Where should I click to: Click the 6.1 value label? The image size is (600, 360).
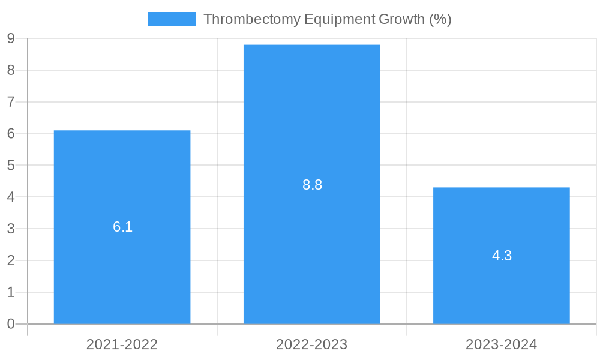(x=122, y=227)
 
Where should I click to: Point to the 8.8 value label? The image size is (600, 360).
(x=312, y=185)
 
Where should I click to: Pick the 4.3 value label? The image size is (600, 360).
(x=502, y=256)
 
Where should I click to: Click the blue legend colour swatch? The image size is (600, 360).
(x=172, y=19)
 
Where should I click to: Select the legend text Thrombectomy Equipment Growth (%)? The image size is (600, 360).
(x=327, y=19)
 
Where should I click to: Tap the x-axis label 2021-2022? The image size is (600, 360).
(x=122, y=344)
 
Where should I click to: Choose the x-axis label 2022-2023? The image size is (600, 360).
(x=311, y=344)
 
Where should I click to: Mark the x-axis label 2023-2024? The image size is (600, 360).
(x=501, y=344)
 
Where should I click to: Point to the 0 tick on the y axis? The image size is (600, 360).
(x=11, y=324)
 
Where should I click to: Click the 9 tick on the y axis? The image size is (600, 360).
(x=11, y=39)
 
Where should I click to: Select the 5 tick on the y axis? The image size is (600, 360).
(x=11, y=166)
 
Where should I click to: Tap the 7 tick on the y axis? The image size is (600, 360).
(x=11, y=102)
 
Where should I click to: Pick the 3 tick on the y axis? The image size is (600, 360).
(x=11, y=229)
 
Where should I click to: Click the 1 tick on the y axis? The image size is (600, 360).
(x=11, y=292)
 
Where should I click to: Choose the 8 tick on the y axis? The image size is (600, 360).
(x=11, y=71)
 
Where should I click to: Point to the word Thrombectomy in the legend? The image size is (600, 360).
(x=252, y=19)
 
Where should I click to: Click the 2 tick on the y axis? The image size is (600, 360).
(x=11, y=260)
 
